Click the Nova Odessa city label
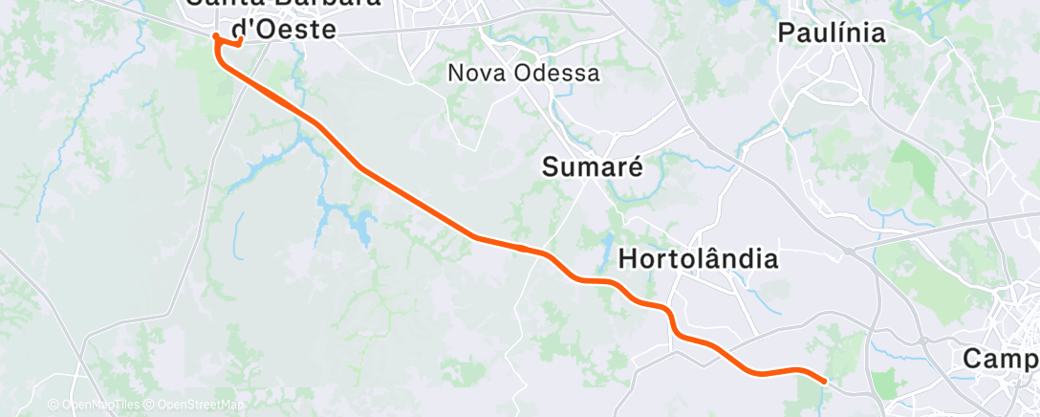click(x=524, y=73)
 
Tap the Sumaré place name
click(x=593, y=167)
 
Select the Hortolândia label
click(x=698, y=258)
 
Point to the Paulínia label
click(x=832, y=33)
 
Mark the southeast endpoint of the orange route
click(x=824, y=381)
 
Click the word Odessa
click(x=556, y=73)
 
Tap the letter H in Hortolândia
click(x=628, y=258)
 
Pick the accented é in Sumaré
click(x=634, y=166)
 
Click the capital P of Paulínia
click(x=787, y=33)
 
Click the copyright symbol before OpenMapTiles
click(x=54, y=406)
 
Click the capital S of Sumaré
click(x=551, y=167)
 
